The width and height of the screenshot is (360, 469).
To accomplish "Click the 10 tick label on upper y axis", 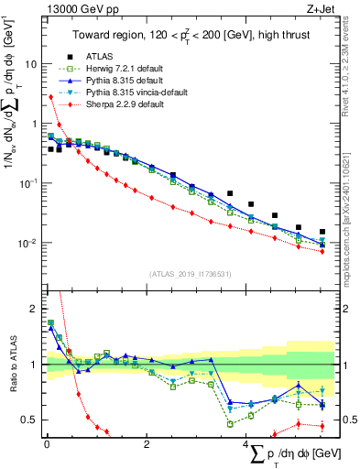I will point(29,65).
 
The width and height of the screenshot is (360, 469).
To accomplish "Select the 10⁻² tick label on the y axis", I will point(27,243).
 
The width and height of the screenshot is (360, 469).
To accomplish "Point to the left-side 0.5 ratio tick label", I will point(28,420).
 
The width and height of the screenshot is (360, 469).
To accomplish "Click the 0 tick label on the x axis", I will point(47,444).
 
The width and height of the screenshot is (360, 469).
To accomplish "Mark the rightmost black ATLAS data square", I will point(322,233).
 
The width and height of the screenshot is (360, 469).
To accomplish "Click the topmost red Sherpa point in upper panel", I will point(49,97).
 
